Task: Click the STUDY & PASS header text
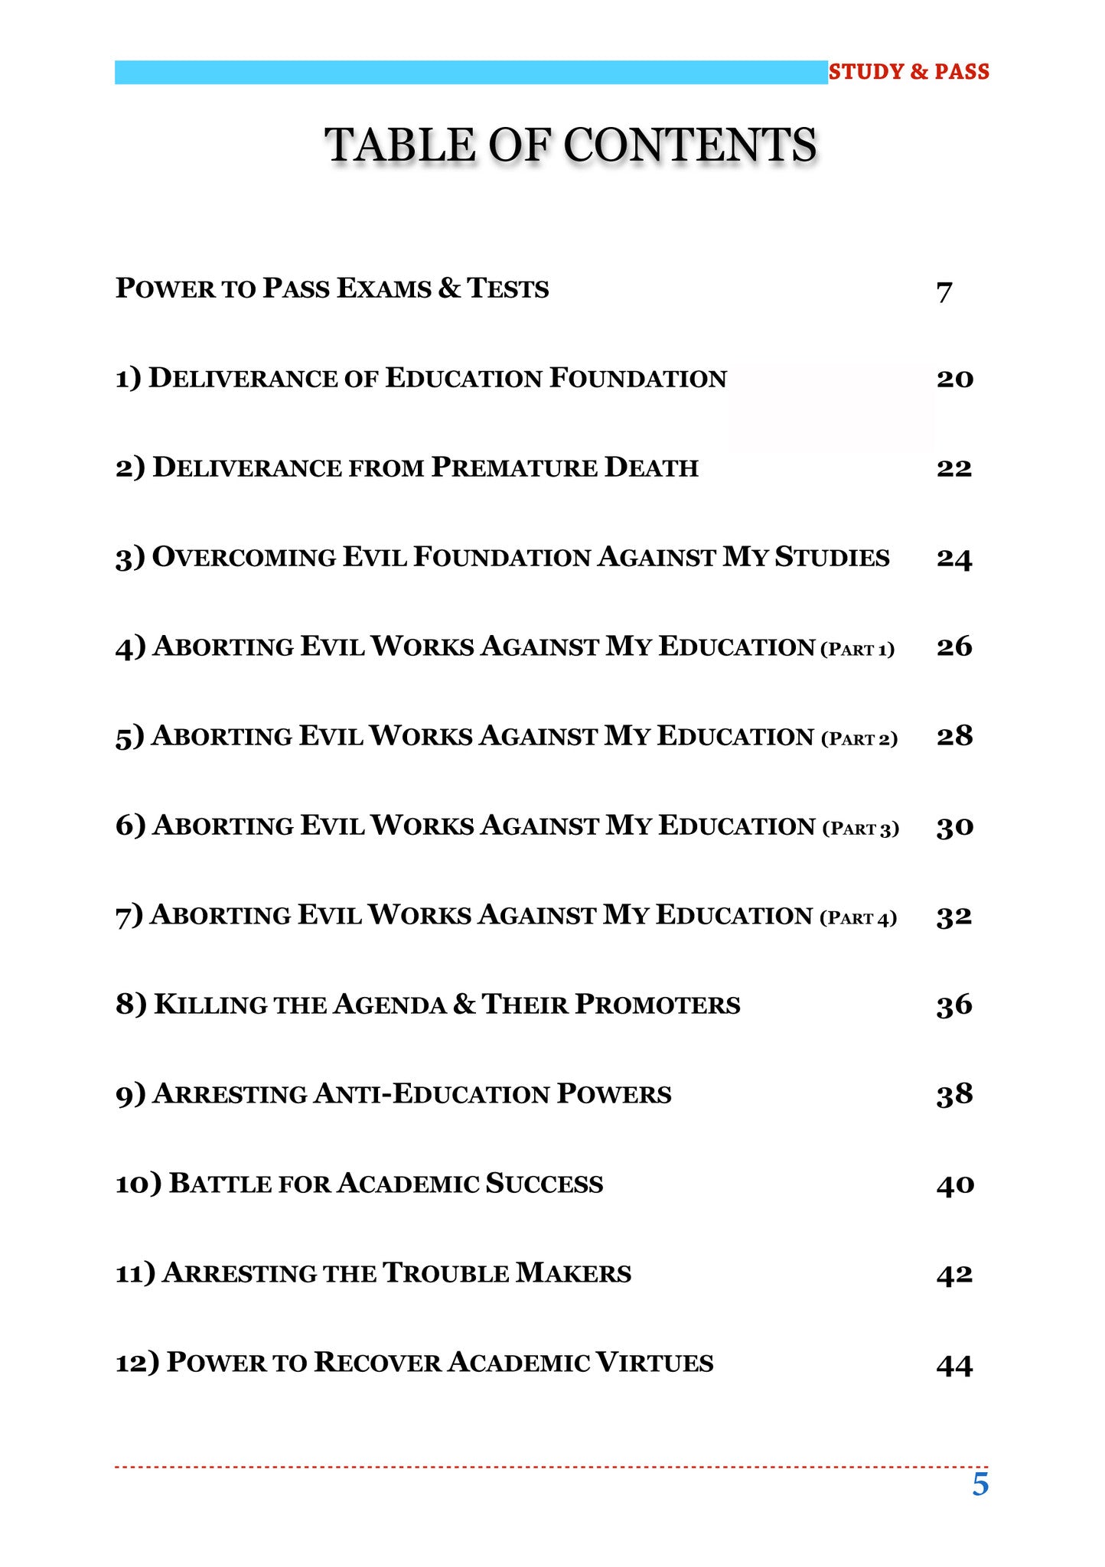(x=908, y=72)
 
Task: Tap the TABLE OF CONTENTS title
(x=571, y=145)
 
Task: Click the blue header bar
(x=471, y=73)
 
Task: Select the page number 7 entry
(x=944, y=292)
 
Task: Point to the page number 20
(x=954, y=379)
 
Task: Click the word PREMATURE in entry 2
(x=513, y=467)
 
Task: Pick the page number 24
(x=954, y=559)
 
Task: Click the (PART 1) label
(x=857, y=650)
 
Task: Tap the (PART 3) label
(x=860, y=829)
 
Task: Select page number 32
(x=954, y=916)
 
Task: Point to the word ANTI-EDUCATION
(x=432, y=1094)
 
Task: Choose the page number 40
(x=955, y=1184)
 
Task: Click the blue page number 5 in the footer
(x=980, y=1484)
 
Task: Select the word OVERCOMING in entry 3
(x=244, y=557)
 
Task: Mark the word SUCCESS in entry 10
(x=544, y=1184)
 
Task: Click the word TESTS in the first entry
(x=508, y=289)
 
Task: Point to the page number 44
(x=954, y=1364)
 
